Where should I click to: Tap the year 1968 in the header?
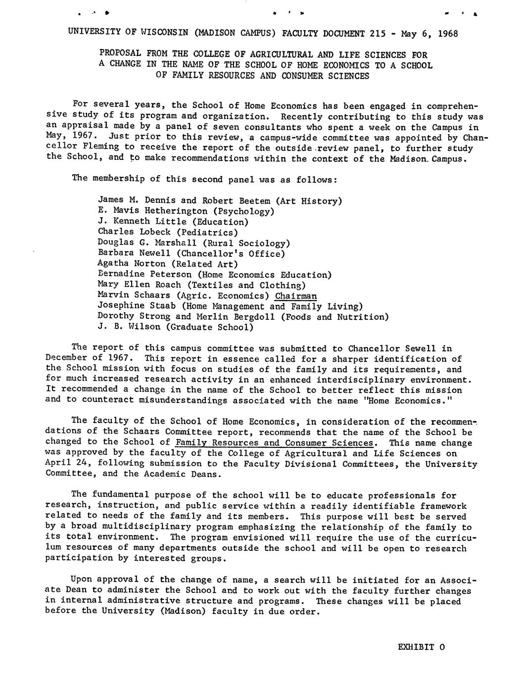446,34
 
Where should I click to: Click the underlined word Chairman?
296,296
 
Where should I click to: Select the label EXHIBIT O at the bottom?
422,647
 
